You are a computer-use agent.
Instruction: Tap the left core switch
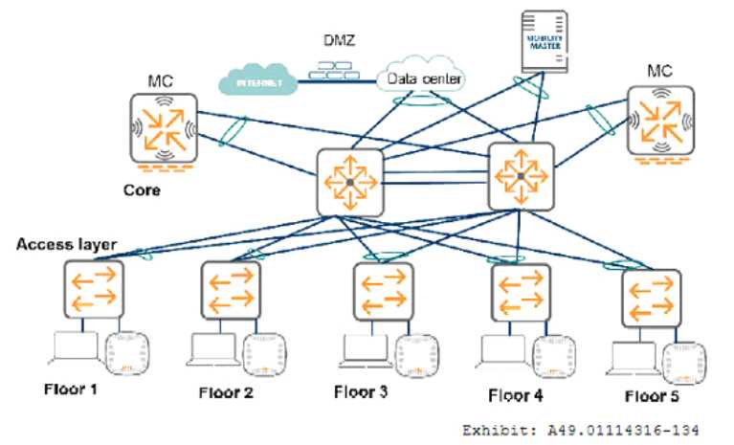click(x=349, y=182)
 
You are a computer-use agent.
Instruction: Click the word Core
click(x=142, y=189)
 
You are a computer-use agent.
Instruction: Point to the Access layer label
click(x=66, y=245)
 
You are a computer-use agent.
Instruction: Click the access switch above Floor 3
click(x=383, y=292)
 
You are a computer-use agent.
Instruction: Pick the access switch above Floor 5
click(x=651, y=299)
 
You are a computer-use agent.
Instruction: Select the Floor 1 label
click(x=73, y=389)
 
